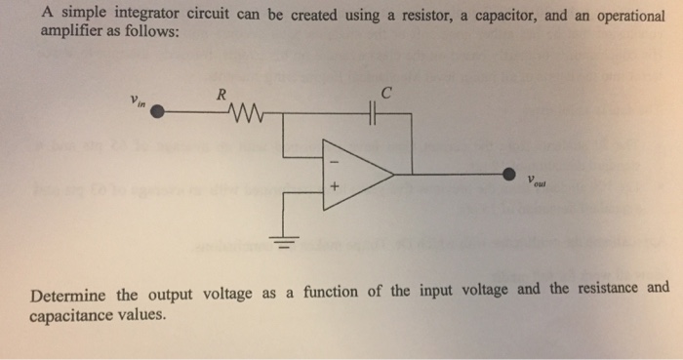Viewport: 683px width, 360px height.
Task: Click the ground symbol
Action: (285, 240)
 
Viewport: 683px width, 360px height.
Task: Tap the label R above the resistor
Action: (221, 95)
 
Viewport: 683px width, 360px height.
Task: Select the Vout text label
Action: (538, 183)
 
